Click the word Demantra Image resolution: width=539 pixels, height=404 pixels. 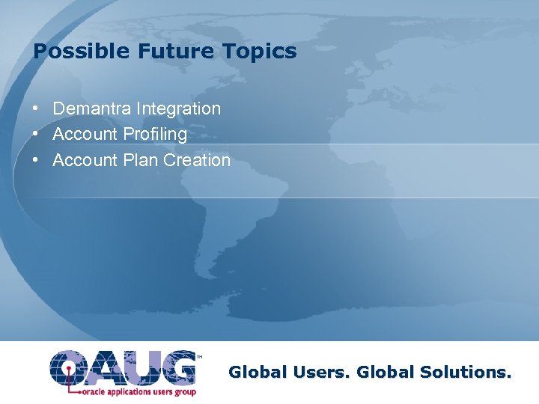coord(92,108)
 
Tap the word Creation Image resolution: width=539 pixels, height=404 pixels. coord(197,160)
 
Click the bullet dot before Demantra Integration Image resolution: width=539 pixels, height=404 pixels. coord(36,108)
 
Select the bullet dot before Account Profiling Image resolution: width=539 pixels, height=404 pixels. coord(36,135)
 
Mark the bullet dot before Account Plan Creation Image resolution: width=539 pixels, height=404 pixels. coord(36,160)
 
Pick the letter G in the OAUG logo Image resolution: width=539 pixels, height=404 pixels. coord(176,367)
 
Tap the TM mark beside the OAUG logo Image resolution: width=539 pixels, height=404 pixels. coord(199,357)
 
